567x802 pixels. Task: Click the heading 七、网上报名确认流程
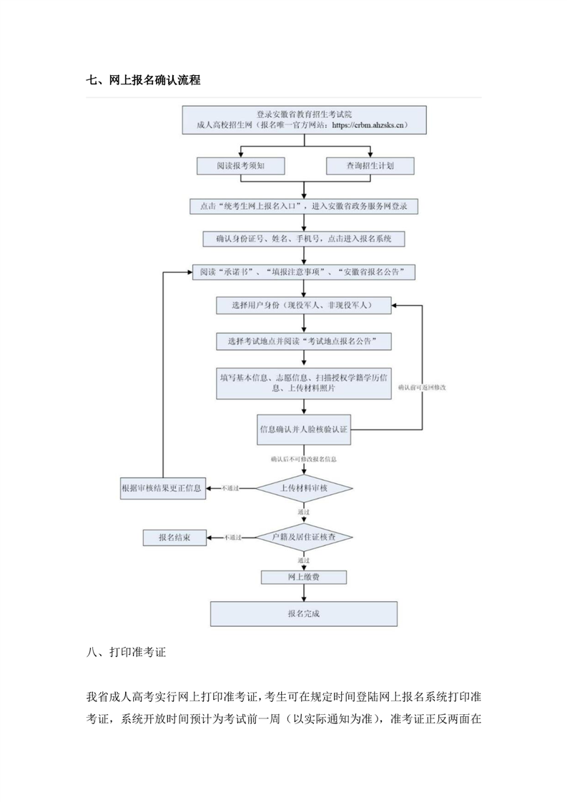coord(143,81)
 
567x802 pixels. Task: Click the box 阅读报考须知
coord(241,166)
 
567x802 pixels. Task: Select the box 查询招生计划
coord(370,166)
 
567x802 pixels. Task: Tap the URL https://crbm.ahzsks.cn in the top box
coord(370,125)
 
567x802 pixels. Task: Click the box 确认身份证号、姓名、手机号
coord(305,239)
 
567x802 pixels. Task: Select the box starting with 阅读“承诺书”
coord(305,272)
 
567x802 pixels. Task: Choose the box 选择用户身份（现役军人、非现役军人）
coord(305,305)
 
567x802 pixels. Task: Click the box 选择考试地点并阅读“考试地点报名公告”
coord(305,342)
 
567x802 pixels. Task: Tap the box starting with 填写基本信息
coord(305,382)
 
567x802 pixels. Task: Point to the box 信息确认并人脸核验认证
coord(305,430)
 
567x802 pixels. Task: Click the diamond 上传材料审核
coord(305,488)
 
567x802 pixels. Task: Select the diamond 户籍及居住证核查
coord(305,536)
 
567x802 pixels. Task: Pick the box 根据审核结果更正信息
coord(163,488)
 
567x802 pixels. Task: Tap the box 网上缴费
coord(305,577)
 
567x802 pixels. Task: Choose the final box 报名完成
coord(305,613)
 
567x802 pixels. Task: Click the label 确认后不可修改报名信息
coord(304,457)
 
